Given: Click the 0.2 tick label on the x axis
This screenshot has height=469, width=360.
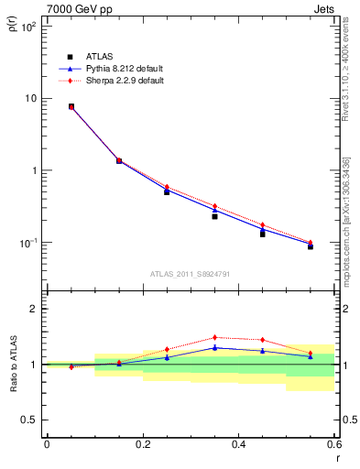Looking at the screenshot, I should (143, 444).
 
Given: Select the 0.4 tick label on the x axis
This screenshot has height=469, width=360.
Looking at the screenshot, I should (239, 444).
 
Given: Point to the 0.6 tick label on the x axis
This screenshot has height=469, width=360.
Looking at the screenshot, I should (334, 444).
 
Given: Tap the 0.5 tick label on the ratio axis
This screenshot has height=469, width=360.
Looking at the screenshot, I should (27, 420).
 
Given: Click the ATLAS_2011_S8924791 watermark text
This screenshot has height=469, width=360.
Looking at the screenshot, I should (190, 273).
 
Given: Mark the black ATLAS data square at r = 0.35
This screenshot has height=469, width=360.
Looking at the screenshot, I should (214, 216).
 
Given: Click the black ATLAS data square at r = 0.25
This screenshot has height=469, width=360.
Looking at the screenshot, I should (167, 191).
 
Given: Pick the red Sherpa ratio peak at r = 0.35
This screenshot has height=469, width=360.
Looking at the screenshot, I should (214, 337).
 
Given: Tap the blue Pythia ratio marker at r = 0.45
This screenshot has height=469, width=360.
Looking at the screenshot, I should (262, 351).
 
